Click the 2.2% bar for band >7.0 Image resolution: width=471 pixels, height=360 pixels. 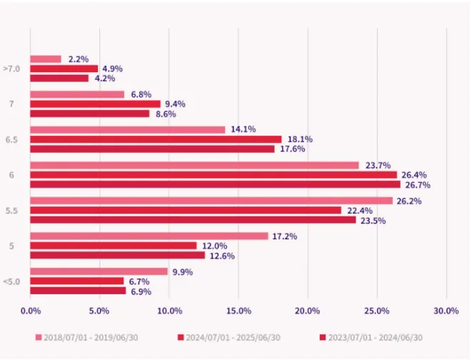pos(46,59)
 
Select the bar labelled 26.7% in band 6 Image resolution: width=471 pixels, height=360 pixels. pos(215,184)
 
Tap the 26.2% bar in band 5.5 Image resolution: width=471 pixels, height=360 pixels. pos(211,201)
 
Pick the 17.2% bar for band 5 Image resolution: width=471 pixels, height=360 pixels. pos(149,236)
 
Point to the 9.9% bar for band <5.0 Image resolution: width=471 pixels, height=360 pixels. pos(98,271)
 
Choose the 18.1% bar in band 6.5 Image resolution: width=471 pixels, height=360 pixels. pos(156,139)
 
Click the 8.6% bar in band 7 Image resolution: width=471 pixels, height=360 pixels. pos(90,114)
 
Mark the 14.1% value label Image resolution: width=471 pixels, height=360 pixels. pos(243,130)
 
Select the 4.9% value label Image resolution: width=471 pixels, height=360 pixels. pos(112,69)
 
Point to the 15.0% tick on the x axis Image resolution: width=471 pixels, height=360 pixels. pos(238,311)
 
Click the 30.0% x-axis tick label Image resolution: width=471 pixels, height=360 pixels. pos(446,311)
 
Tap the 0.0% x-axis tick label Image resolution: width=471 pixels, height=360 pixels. pos(31,311)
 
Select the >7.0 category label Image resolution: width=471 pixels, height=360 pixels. pos(11,69)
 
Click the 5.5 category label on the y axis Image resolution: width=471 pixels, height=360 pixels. pos(11,211)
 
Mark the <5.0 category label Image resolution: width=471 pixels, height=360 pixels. pos(11,281)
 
